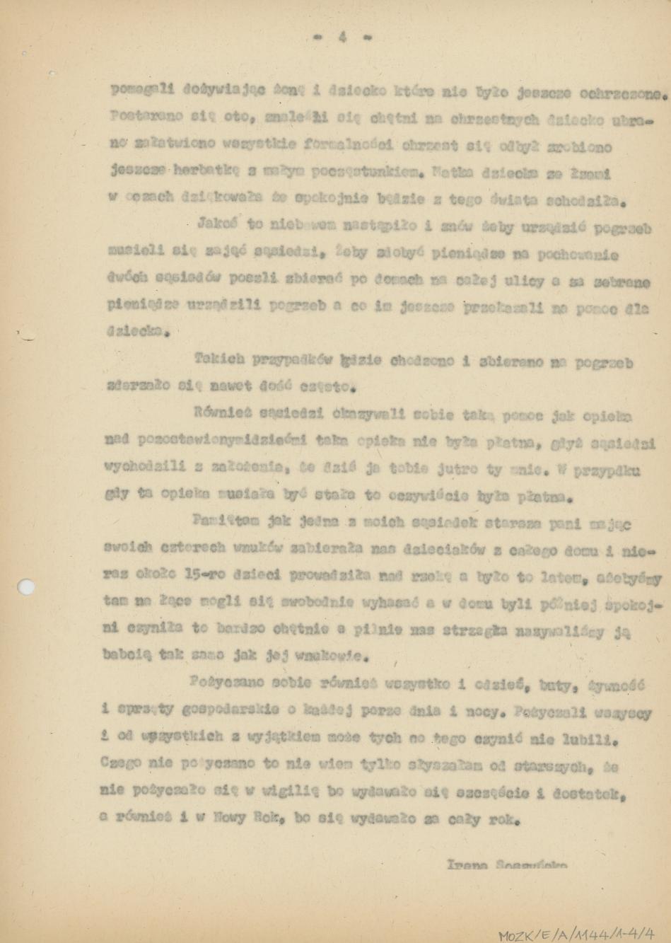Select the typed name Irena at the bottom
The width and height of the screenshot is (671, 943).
(464, 864)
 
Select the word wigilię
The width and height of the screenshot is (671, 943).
(288, 792)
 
